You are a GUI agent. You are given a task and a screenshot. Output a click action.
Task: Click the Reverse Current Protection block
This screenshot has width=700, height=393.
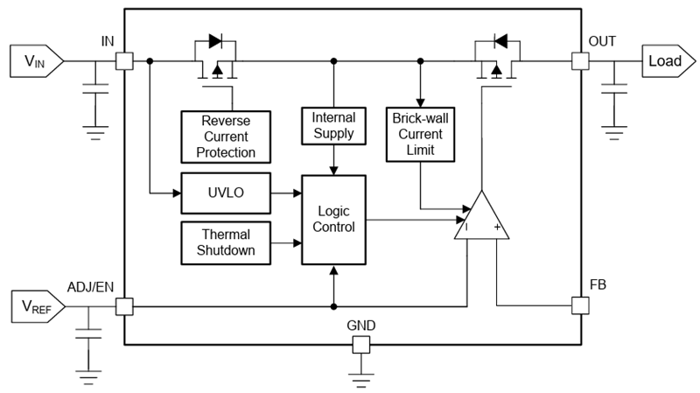pos(224,136)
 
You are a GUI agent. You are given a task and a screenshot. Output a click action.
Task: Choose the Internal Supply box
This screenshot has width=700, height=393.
pos(332,124)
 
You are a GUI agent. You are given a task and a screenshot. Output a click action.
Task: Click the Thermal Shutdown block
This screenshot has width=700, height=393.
pos(224,242)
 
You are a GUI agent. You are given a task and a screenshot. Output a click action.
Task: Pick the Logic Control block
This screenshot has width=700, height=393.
pos(333,219)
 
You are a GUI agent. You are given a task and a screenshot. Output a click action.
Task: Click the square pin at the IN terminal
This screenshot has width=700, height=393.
pos(124,61)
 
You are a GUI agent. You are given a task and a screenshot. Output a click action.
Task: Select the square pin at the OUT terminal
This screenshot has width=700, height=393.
pos(579,61)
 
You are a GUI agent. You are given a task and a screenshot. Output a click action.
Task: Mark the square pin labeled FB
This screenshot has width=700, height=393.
pos(579,305)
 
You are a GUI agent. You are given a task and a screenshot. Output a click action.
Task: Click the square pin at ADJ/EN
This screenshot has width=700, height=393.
pos(124,306)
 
